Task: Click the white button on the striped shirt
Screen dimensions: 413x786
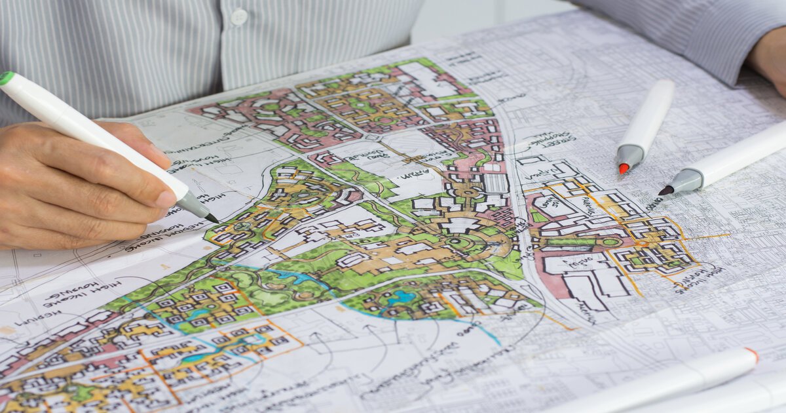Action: tap(240, 17)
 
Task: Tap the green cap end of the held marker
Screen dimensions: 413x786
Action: tap(6, 78)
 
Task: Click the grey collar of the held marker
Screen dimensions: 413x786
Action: tap(193, 205)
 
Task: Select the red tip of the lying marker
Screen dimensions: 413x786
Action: tap(624, 168)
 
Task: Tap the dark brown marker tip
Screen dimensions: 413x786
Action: tap(665, 190)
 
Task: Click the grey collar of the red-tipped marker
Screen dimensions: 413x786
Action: tap(630, 156)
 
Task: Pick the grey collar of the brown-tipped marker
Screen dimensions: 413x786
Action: tap(685, 180)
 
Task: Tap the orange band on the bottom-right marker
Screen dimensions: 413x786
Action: tap(751, 355)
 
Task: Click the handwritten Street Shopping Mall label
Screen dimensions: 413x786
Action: tap(552, 139)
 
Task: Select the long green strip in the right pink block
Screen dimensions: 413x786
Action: tap(576, 243)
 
